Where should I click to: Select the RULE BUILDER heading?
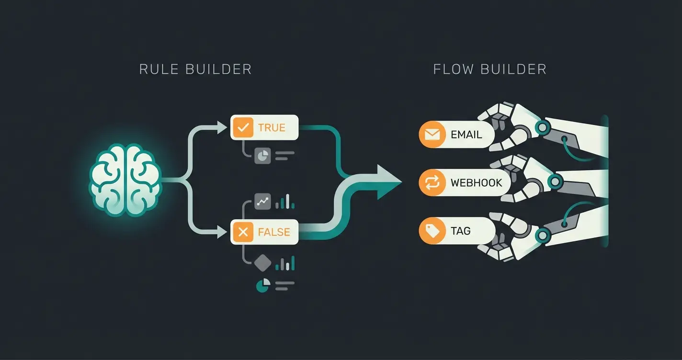point(195,69)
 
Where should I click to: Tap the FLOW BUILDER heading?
point(489,69)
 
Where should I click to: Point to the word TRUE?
point(272,128)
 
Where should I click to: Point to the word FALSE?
point(274,232)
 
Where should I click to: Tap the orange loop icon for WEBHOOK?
point(432,183)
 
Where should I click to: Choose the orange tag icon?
point(432,231)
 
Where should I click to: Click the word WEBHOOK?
point(476,183)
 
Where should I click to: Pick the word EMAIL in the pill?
point(466,135)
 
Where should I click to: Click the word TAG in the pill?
point(460,231)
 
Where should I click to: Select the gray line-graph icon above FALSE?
point(263,202)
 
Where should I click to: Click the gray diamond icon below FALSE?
point(263,263)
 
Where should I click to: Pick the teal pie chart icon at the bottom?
point(263,286)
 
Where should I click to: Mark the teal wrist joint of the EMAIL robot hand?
point(542,127)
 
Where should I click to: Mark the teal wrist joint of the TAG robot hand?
point(542,235)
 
